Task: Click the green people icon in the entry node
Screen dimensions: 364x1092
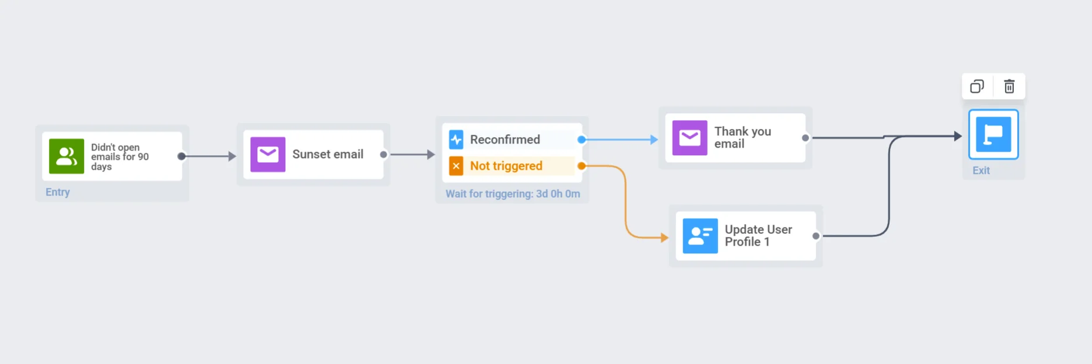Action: pyautogui.click(x=66, y=156)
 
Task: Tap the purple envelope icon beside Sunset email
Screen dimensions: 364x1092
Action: pyautogui.click(x=268, y=155)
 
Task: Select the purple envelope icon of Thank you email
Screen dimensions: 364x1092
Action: pyautogui.click(x=689, y=138)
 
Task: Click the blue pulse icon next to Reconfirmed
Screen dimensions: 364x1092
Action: pyautogui.click(x=456, y=139)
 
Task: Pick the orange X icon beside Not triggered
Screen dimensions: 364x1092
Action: pyautogui.click(x=456, y=166)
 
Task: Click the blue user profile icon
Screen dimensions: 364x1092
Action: pyautogui.click(x=700, y=236)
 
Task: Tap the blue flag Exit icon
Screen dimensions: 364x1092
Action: pyautogui.click(x=993, y=135)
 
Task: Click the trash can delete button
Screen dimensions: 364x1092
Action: pyautogui.click(x=1009, y=87)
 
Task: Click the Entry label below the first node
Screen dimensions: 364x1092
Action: pyautogui.click(x=58, y=192)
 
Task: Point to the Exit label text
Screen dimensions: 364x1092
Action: pyautogui.click(x=981, y=171)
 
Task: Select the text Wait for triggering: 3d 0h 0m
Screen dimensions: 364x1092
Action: pyautogui.click(x=513, y=194)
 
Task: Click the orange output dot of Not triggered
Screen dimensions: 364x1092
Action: pyautogui.click(x=582, y=166)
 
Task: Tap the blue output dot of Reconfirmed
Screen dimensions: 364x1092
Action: pyautogui.click(x=582, y=140)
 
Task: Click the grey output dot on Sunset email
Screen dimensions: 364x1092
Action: pyautogui.click(x=383, y=155)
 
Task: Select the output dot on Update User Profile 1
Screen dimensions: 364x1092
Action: pyautogui.click(x=816, y=236)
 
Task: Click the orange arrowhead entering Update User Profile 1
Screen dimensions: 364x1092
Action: pyautogui.click(x=664, y=237)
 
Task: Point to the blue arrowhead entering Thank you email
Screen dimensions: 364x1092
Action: pyautogui.click(x=654, y=140)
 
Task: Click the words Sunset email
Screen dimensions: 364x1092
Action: pyautogui.click(x=328, y=155)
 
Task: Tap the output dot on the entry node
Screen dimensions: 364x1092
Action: pyautogui.click(x=181, y=156)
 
